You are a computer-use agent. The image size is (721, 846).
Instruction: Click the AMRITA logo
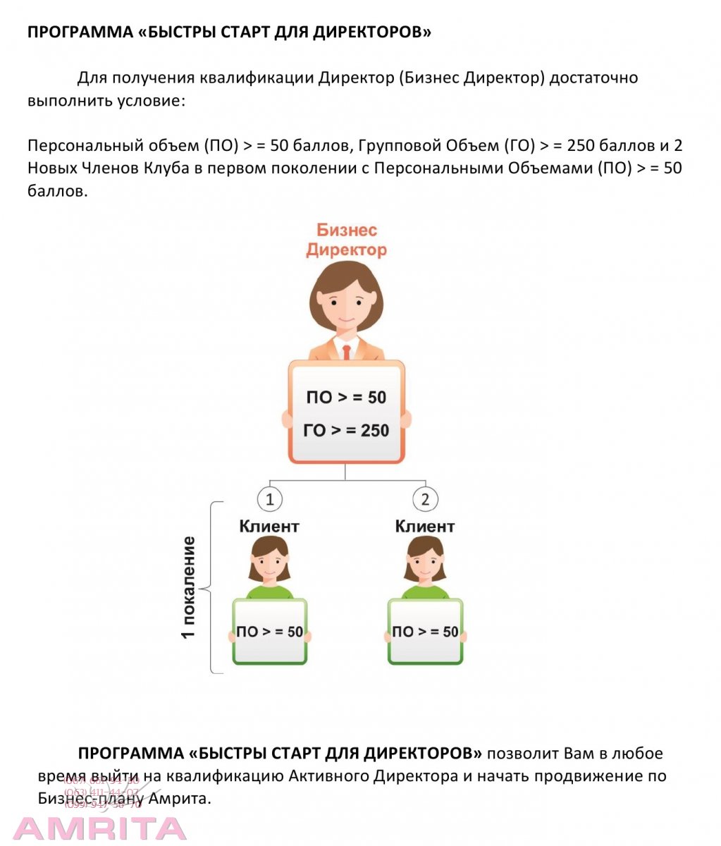click(100, 828)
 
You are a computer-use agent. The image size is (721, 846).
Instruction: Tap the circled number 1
click(269, 500)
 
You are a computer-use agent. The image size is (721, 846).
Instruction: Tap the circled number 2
click(425, 500)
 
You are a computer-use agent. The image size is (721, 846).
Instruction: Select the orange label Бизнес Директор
click(346, 240)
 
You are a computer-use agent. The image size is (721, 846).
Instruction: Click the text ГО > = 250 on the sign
click(346, 430)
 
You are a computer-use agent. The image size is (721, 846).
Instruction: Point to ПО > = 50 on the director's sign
click(346, 397)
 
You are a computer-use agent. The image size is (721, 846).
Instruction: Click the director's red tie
click(346, 351)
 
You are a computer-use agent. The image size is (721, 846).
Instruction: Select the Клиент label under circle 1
click(269, 527)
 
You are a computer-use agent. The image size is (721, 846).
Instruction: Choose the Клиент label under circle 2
click(425, 527)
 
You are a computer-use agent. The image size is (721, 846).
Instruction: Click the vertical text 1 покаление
click(188, 587)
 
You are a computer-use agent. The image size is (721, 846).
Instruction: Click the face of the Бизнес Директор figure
click(346, 307)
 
